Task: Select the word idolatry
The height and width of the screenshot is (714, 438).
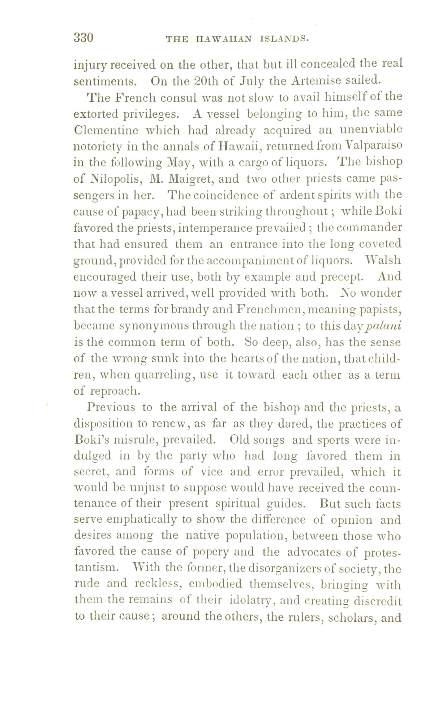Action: click(252, 600)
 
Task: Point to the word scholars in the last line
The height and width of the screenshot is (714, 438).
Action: click(349, 617)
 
